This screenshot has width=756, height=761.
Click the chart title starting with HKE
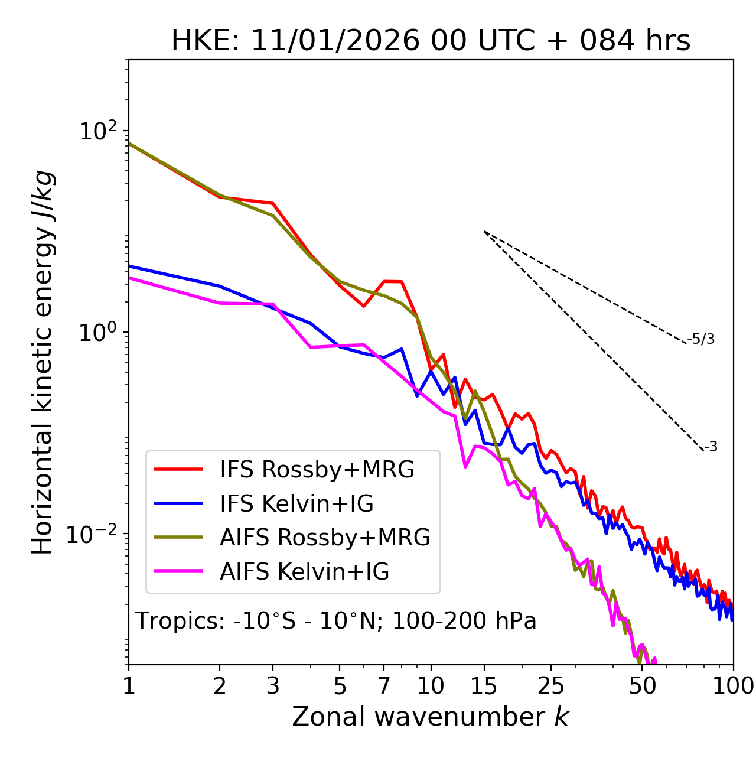(431, 41)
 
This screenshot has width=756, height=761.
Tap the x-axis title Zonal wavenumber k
(431, 717)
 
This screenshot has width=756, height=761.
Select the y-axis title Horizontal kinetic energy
(43, 362)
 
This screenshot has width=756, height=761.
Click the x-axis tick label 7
(384, 686)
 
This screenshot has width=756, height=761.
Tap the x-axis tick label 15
(484, 686)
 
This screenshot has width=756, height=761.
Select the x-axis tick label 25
(551, 686)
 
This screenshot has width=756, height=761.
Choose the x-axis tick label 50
(642, 686)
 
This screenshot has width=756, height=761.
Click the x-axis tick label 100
(732, 686)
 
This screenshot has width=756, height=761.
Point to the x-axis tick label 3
(273, 686)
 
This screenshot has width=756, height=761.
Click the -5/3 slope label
(701, 339)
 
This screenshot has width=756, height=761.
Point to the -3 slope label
(711, 447)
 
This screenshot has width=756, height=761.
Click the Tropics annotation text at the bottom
(335, 621)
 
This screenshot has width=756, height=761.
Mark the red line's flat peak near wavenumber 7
(393, 281)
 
